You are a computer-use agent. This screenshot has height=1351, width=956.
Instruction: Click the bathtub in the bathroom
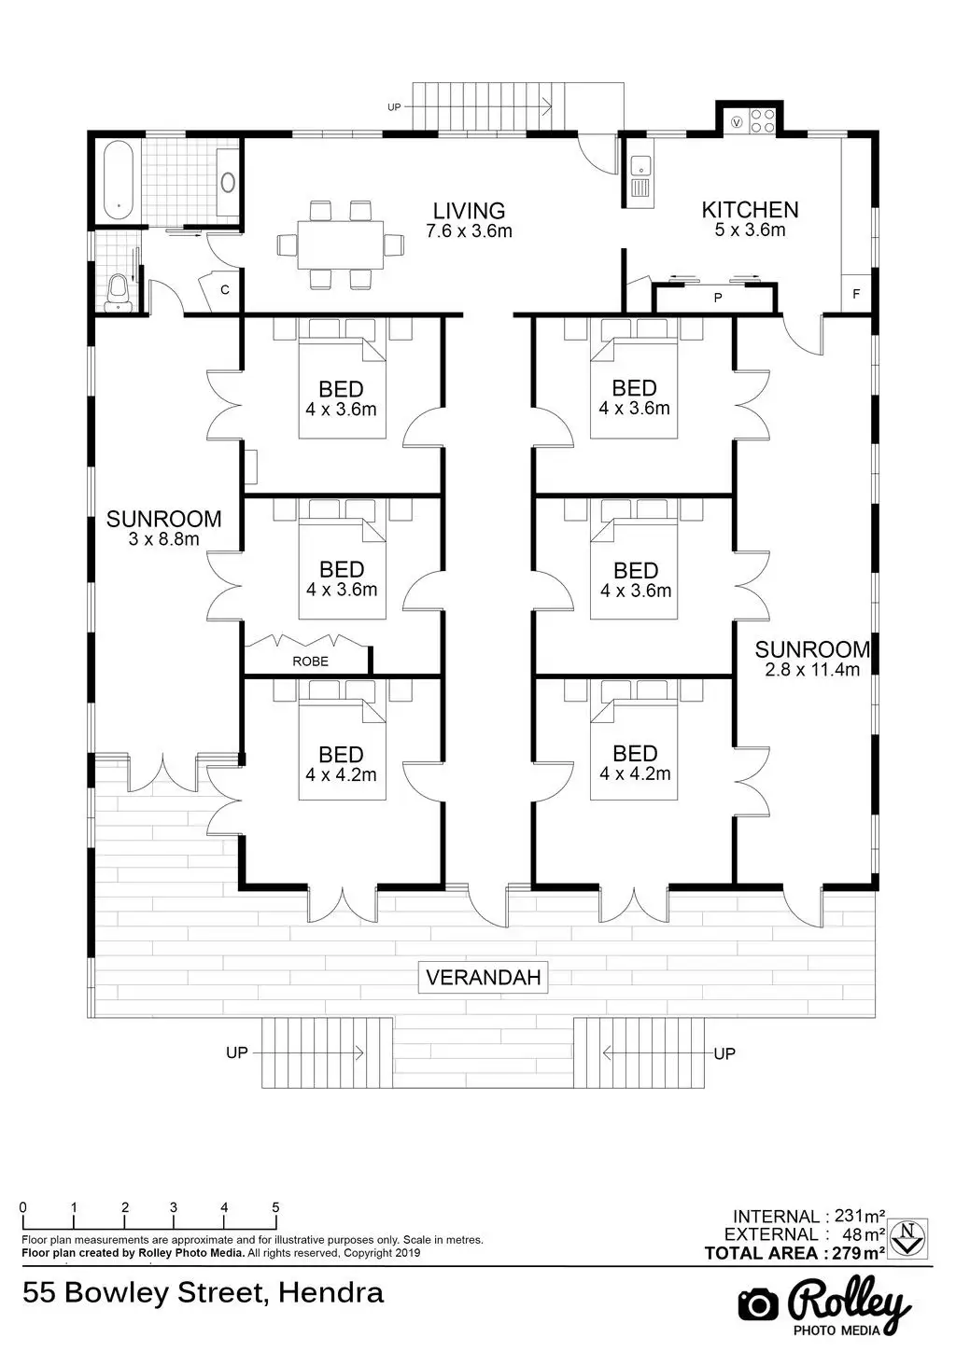click(x=119, y=180)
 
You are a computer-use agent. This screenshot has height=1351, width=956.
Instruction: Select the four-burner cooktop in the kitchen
click(x=762, y=120)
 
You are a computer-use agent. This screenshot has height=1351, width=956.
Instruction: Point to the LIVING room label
click(x=469, y=211)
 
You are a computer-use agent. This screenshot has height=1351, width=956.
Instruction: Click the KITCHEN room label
click(x=751, y=209)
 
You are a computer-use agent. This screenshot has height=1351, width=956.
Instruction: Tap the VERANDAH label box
click(x=484, y=977)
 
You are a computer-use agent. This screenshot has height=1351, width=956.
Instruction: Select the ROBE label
click(x=310, y=662)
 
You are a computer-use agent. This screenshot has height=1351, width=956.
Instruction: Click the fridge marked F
click(x=856, y=294)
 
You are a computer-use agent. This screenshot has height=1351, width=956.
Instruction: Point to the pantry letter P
click(x=718, y=298)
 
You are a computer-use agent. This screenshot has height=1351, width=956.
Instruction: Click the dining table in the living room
click(x=341, y=244)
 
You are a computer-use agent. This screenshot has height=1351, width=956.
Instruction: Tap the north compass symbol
click(x=907, y=1237)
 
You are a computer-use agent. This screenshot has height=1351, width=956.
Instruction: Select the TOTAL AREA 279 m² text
click(x=794, y=1253)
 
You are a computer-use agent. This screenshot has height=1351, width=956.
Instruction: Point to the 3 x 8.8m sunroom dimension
click(x=163, y=538)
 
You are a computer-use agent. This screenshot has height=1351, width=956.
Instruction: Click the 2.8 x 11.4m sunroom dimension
click(x=812, y=670)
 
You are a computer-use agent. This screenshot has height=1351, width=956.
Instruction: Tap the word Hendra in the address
click(x=330, y=1293)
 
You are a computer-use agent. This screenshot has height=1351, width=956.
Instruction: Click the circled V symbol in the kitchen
click(x=736, y=121)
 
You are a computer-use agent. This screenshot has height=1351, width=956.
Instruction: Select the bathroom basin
click(x=228, y=182)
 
